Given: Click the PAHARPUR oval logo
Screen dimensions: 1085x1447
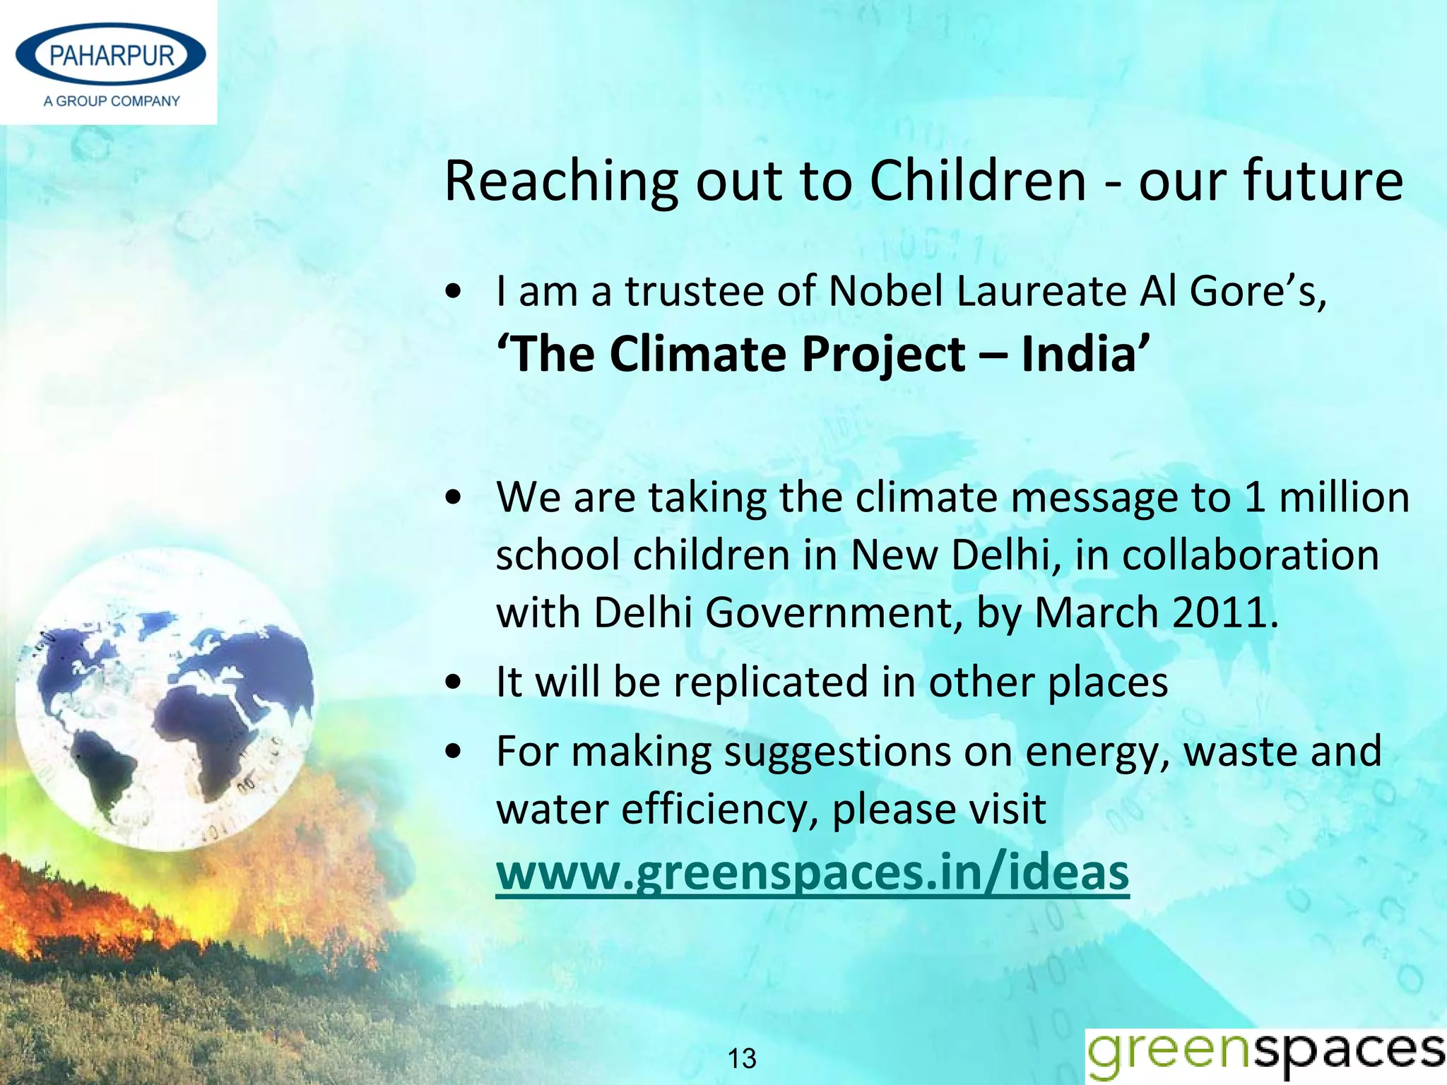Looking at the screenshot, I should (110, 55).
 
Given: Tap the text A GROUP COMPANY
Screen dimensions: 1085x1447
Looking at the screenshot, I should (112, 101).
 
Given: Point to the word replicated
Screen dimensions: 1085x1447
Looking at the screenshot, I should (771, 682).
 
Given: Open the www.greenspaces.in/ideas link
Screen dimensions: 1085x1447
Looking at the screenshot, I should (813, 873).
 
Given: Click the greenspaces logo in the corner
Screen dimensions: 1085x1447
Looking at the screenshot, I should (1265, 1053).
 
